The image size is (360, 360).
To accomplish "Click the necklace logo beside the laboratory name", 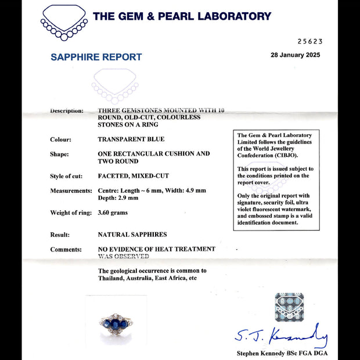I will point(63,23).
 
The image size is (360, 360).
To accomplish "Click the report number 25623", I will point(309,41).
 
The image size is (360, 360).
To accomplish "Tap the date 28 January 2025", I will point(295,55).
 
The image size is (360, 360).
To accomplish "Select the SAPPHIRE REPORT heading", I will point(96,57).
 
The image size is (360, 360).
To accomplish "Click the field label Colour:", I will point(60,139).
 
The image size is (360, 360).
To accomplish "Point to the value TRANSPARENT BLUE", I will point(131,139).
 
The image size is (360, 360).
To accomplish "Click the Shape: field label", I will point(59,154).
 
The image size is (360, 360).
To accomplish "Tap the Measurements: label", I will point(71,190).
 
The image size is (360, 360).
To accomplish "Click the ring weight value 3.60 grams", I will point(113,213).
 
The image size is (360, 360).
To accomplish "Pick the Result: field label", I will point(61,235).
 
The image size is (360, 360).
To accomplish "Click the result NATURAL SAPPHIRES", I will point(132,235).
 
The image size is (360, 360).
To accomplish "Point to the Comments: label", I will point(66,250).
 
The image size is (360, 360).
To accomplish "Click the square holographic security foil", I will point(289,307).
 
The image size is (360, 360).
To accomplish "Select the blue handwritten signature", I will point(281,335).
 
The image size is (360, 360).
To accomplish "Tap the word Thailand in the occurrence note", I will point(112,278).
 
